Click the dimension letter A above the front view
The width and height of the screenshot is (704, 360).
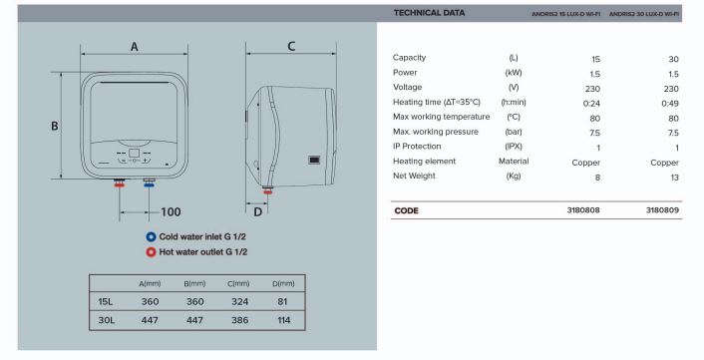(135, 46)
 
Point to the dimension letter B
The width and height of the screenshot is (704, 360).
(54, 126)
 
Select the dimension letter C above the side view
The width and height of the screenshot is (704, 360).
(291, 46)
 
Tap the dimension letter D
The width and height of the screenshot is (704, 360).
(257, 211)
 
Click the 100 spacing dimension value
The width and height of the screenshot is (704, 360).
(171, 211)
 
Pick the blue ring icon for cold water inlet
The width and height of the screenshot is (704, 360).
(151, 236)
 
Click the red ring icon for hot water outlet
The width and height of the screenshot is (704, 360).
(151, 252)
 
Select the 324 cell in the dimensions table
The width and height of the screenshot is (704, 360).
(239, 301)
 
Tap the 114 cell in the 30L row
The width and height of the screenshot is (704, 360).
(284, 320)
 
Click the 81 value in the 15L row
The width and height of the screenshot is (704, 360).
(282, 301)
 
